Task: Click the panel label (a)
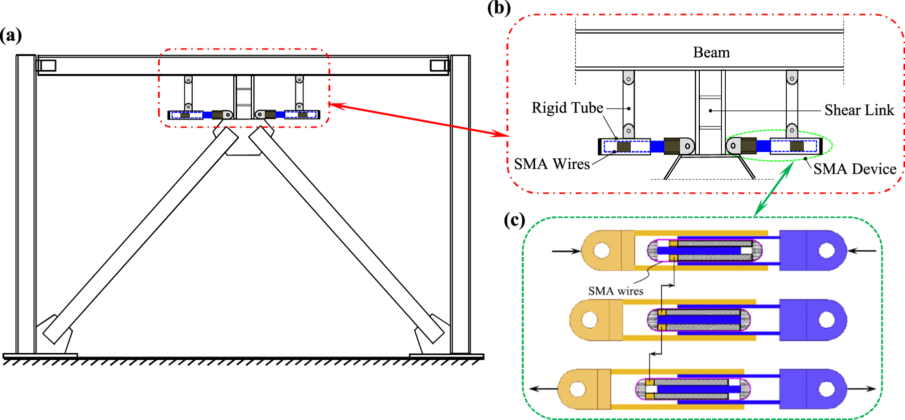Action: [11, 35]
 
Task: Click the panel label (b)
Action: [499, 8]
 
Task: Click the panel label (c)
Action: [514, 220]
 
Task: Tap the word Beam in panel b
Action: [711, 52]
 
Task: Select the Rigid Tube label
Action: [567, 108]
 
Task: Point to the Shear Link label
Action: [859, 110]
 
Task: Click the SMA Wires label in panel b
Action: [552, 164]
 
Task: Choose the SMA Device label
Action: [854, 169]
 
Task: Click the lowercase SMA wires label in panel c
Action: [615, 291]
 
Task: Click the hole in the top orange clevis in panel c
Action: [601, 250]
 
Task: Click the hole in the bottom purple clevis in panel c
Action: [826, 389]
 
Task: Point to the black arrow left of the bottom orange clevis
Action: [543, 389]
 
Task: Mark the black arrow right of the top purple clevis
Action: [862, 250]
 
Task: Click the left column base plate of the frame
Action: [40, 356]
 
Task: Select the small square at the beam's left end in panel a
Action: [47, 65]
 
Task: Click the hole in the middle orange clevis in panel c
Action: [590, 319]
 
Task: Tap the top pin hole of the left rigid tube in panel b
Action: [628, 79]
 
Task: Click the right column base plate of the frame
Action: [446, 356]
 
